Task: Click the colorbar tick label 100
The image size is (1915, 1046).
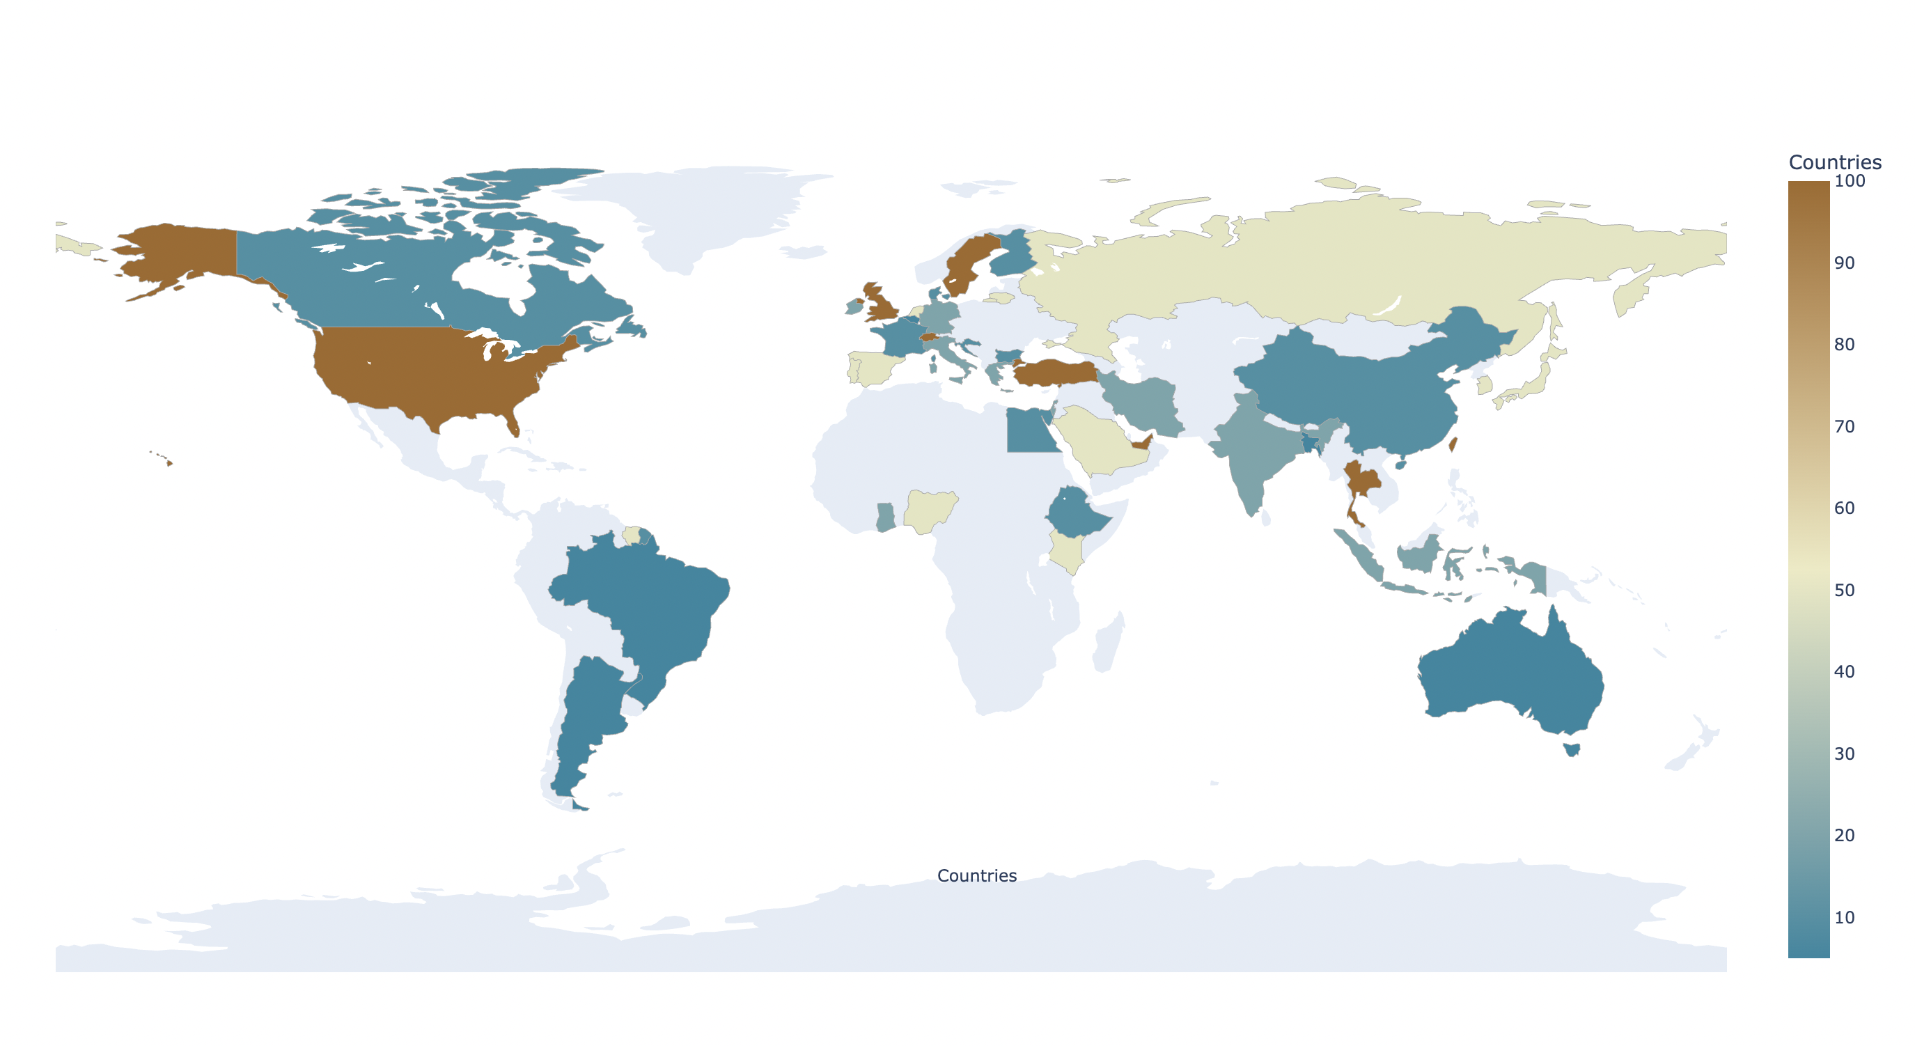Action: (x=1850, y=180)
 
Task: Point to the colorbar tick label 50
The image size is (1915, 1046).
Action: (x=1845, y=591)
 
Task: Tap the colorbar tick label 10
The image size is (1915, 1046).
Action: (x=1845, y=917)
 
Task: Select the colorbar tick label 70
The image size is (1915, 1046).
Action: (x=1845, y=427)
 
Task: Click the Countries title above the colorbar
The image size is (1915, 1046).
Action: (x=1835, y=162)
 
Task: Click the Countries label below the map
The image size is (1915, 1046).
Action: (x=977, y=876)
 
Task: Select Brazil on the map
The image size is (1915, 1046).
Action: (x=647, y=602)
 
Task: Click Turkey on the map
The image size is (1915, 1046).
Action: (x=1056, y=372)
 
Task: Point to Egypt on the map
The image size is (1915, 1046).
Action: (x=1030, y=431)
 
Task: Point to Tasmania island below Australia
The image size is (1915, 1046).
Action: (x=1572, y=749)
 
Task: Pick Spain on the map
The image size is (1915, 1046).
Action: (x=873, y=368)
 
